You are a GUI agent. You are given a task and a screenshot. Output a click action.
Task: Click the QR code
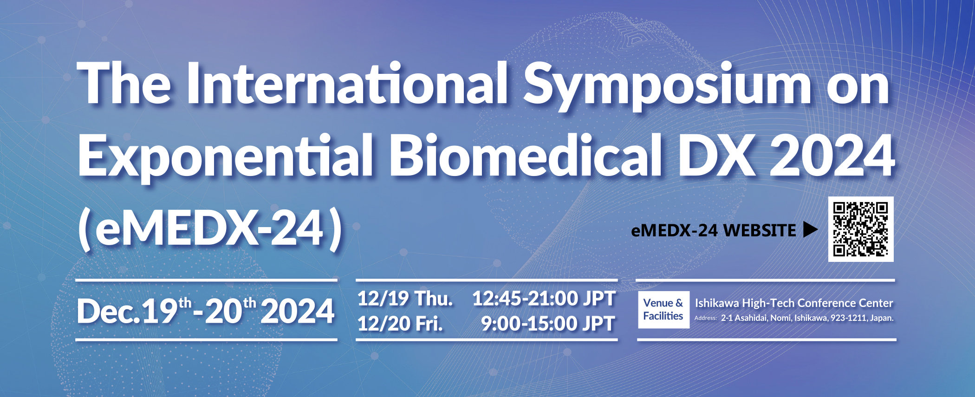[x=861, y=229]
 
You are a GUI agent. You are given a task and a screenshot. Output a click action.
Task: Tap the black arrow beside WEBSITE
[x=810, y=229]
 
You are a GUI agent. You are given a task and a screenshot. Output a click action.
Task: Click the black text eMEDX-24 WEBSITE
[x=714, y=230]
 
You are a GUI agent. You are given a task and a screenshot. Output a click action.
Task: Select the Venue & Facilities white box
[x=663, y=309]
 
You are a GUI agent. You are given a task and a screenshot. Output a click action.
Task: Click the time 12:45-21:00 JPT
[x=544, y=299]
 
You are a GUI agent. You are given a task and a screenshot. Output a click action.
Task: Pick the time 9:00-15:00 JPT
[x=548, y=324]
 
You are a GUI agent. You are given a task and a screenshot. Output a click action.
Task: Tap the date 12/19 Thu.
[x=405, y=299]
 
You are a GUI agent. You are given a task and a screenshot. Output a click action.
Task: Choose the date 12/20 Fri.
[x=400, y=324]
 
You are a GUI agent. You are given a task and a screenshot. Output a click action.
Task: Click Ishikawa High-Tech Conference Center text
[x=794, y=303]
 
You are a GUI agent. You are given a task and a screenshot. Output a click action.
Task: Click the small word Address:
[x=706, y=319]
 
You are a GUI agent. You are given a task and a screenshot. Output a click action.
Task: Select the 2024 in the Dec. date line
[x=298, y=312]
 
